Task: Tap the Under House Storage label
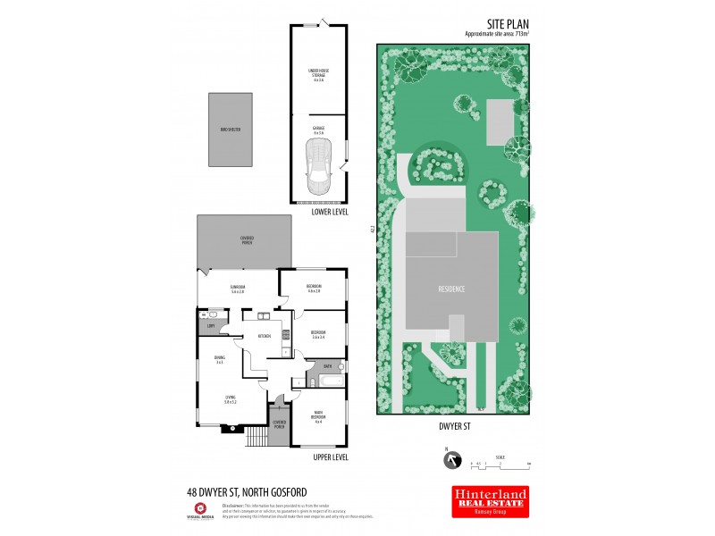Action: tap(318, 74)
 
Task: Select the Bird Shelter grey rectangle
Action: tap(231, 130)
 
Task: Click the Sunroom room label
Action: tap(238, 289)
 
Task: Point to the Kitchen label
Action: tap(265, 336)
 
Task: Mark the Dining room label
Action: tap(219, 360)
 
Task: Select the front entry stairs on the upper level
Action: tap(256, 436)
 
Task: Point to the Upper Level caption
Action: tap(331, 456)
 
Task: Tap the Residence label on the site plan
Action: tap(450, 289)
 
